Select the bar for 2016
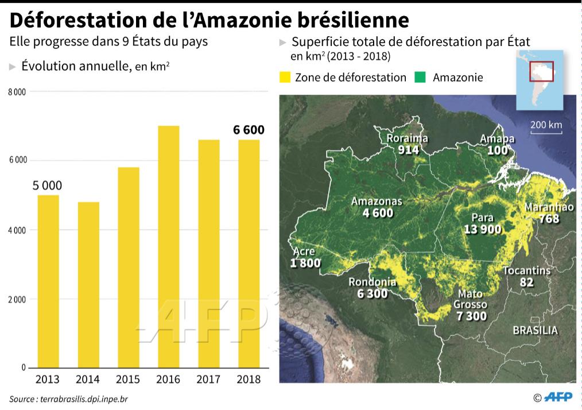(x=168, y=246)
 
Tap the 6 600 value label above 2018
(x=249, y=130)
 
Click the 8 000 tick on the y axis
(x=17, y=92)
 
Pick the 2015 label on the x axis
(x=127, y=380)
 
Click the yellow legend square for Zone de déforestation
(x=284, y=78)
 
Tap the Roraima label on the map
(x=407, y=139)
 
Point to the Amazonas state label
(x=377, y=202)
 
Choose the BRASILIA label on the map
(x=535, y=330)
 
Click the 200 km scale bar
(x=546, y=133)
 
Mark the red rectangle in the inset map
(x=541, y=71)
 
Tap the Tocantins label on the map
(x=526, y=270)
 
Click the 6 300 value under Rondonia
(x=372, y=293)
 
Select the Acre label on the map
(x=304, y=252)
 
